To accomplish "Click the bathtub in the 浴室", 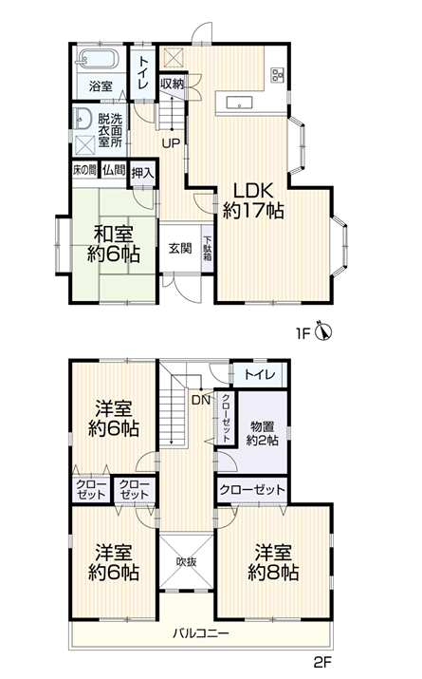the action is (98, 59).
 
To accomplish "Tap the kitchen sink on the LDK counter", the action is (239, 104).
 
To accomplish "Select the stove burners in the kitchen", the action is (277, 75).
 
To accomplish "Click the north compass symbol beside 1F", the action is (323, 331).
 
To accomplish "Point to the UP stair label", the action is (172, 143).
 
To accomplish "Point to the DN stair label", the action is (201, 400).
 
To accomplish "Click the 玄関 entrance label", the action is (180, 249).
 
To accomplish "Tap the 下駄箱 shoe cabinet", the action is (208, 248).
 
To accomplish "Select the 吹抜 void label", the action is (187, 561).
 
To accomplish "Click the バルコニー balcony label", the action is (201, 634).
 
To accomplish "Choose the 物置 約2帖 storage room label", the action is (262, 433).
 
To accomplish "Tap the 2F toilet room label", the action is (260, 374).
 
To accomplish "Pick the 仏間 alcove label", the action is (113, 170).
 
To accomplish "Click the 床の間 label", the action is (84, 170).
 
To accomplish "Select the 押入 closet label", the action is (142, 173).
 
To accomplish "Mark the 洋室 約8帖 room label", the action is (273, 563).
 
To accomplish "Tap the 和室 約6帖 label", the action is (114, 245).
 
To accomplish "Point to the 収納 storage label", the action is (172, 84).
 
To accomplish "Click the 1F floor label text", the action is (303, 334).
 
